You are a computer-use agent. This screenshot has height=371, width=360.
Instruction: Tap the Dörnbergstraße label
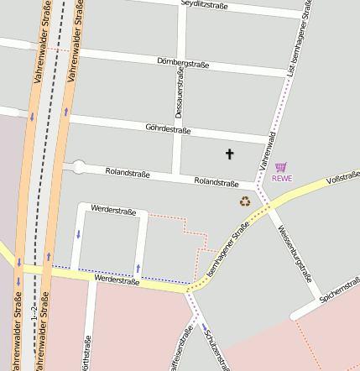183,62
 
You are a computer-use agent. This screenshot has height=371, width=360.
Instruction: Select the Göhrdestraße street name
168,130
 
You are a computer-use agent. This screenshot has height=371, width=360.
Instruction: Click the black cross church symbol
230,154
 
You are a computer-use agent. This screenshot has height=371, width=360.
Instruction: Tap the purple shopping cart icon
281,167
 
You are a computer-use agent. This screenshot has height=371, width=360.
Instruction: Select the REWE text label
282,178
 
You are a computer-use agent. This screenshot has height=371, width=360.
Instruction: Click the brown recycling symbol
245,201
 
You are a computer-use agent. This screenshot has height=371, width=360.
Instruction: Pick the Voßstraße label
342,178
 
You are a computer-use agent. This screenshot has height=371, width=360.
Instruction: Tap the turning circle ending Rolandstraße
79,167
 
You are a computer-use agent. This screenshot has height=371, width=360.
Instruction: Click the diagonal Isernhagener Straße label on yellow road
227,251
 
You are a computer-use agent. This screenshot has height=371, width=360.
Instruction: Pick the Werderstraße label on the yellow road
117,280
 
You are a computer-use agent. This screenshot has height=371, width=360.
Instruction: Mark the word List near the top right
291,86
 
